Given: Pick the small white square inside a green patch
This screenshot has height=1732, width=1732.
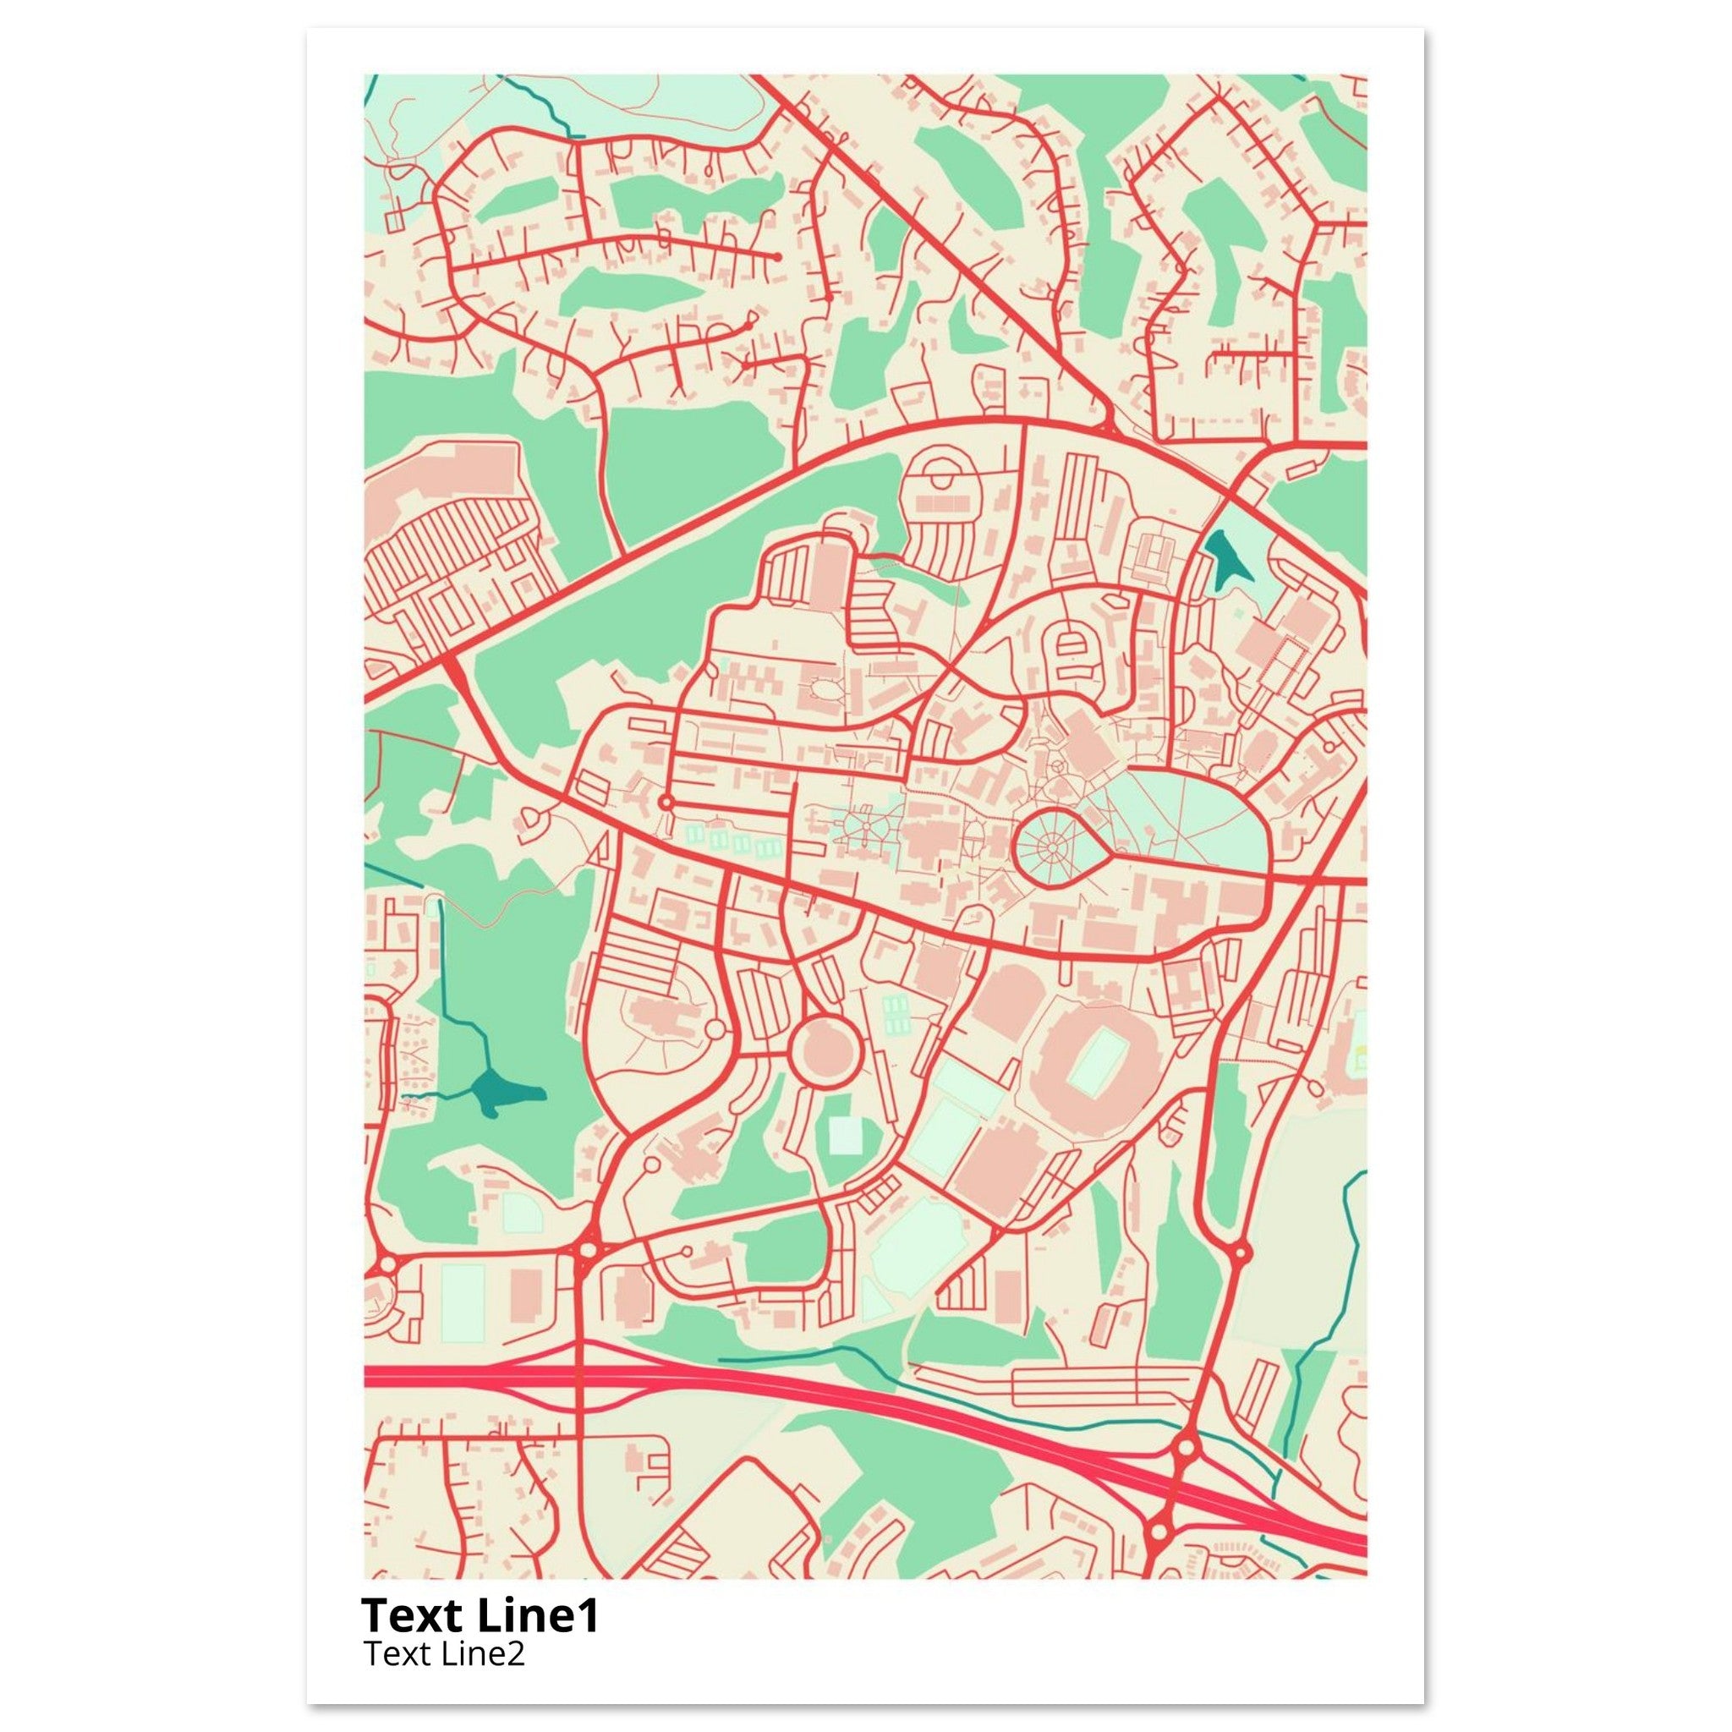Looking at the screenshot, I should tap(843, 1135).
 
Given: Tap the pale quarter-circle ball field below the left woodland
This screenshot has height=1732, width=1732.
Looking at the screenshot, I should tap(518, 1210).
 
